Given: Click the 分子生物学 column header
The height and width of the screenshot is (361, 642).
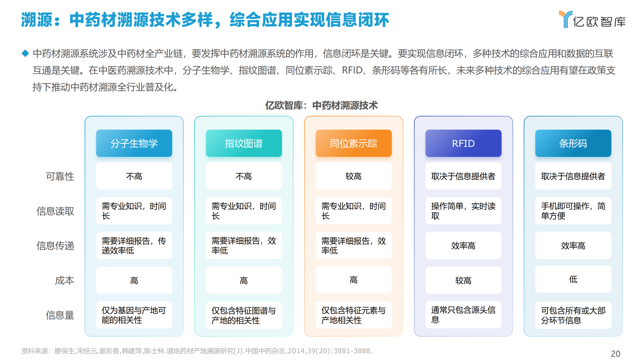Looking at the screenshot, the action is coord(134,143).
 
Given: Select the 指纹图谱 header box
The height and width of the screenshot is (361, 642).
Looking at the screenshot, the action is coord(244,143).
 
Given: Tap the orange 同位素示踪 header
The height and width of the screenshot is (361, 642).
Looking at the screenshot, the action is coord(354,143).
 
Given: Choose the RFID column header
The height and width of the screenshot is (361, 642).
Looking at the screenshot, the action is coord(463,143).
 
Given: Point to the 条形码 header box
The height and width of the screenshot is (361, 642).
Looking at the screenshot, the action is coord(573,143).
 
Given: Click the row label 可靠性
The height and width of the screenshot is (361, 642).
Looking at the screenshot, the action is coord(60,176).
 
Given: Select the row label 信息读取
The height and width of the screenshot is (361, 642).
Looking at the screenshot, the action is coord(55,211).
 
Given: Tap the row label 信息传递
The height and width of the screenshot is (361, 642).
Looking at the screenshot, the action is coord(55,246).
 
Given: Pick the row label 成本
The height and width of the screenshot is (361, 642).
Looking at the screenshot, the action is coord(65,280).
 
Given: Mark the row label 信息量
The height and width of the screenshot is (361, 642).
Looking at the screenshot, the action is coord(60,315).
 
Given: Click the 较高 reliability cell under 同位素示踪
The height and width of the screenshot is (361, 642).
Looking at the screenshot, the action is coord(354,176).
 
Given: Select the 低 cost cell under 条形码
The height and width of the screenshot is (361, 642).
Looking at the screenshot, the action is coord(573,279).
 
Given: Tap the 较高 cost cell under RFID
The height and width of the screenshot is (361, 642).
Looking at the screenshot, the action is coord(463,280).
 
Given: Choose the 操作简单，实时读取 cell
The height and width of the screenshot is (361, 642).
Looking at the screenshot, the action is coord(463,211).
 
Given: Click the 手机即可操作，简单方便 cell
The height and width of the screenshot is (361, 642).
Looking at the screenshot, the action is coord(573,211).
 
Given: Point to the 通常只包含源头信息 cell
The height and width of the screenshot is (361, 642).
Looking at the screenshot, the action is coord(463,315).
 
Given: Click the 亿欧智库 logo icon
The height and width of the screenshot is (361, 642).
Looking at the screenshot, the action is coord(565,19).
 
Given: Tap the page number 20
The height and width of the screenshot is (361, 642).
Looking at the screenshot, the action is coord(615,354).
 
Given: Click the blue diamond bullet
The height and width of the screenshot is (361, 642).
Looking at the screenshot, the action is coord(25,53).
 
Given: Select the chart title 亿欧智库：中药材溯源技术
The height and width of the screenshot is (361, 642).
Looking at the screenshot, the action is coord(322,105).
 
